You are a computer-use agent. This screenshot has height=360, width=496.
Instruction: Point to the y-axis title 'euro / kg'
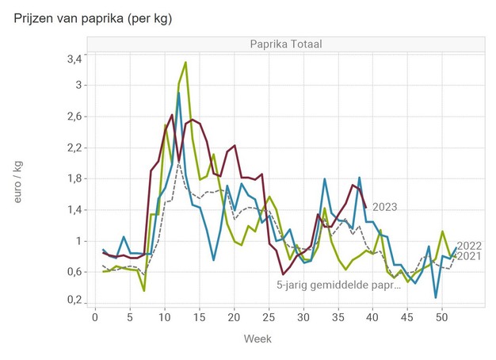pos(17,180)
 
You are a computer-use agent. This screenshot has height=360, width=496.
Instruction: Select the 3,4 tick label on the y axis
pos(74,59)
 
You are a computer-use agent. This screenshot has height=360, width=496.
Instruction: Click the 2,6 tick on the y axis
pos(74,117)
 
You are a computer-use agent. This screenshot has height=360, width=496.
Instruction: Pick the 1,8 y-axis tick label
pos(74,178)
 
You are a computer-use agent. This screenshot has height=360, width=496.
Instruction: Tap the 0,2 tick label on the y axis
pos(74,301)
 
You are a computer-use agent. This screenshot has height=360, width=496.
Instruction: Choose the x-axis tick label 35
pos(336,316)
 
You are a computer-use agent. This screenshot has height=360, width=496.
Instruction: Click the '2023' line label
pos(384,208)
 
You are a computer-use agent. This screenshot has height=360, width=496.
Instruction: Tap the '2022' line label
pos(470,245)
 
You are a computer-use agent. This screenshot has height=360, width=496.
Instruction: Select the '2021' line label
pos(470,256)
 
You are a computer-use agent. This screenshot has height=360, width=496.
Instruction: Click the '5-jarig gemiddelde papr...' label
pos(338,285)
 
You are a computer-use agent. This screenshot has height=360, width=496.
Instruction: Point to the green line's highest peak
pos(185,62)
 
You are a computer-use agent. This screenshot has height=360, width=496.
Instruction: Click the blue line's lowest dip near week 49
pos(436,297)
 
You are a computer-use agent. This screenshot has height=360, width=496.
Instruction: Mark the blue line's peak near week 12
pos(179,93)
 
